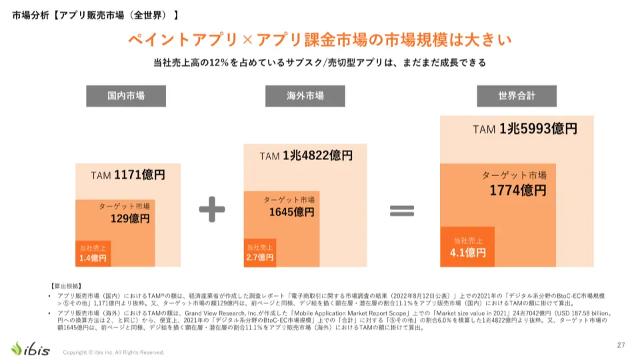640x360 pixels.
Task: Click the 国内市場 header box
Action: [x=126, y=96]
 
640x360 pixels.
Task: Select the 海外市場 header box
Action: [x=305, y=96]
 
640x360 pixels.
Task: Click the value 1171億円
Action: [x=139, y=175]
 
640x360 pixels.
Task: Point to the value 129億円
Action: [x=130, y=218]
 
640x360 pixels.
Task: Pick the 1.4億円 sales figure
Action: [x=93, y=258]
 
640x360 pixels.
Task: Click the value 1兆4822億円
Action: [x=317, y=156]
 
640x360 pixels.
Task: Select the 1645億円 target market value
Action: [x=291, y=212]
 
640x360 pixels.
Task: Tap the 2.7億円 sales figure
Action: [x=261, y=257]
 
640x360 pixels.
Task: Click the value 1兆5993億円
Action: [x=538, y=129]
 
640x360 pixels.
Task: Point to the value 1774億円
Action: [x=517, y=191]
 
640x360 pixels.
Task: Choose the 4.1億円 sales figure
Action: [x=468, y=253]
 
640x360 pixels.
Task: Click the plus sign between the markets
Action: [x=212, y=210]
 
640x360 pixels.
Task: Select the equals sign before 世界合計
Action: [x=402, y=211]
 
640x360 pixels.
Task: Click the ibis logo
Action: [x=30, y=348]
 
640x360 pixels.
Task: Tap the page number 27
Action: [x=621, y=345]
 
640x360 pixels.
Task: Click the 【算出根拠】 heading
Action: [x=66, y=285]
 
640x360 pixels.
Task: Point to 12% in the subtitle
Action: [x=221, y=63]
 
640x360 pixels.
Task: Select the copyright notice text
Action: [x=113, y=352]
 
